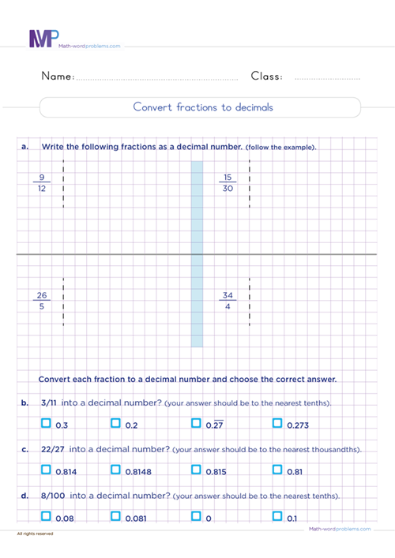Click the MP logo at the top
pos(43,39)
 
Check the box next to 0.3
pos(46,424)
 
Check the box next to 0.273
pos(277,424)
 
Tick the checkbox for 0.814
pos(46,470)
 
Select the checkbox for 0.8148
pos(115,470)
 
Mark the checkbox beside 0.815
pos(196,470)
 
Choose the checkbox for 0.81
pos(277,470)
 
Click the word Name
pos(57,77)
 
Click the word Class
pos(267,77)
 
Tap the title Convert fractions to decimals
pos(203,107)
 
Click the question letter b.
pos(25,403)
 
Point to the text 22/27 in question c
pos(55,449)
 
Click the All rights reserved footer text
pos(35,535)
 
